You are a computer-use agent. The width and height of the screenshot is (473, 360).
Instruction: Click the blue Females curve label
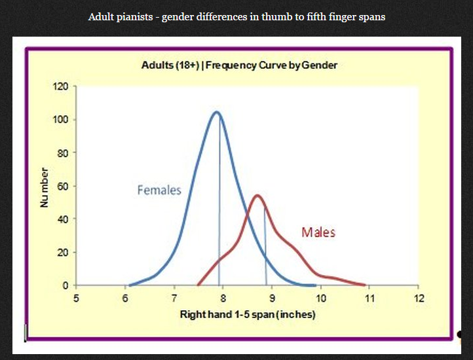click(159, 190)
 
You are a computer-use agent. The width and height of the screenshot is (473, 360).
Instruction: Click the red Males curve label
click(318, 232)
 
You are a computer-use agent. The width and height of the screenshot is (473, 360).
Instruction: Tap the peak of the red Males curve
click(257, 195)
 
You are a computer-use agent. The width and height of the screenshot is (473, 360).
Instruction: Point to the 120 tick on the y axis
click(60, 86)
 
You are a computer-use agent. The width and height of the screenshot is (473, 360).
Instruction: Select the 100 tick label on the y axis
click(60, 120)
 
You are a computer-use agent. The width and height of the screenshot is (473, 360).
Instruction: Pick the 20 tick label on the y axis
click(63, 253)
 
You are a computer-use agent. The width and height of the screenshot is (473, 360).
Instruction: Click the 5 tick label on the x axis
click(76, 298)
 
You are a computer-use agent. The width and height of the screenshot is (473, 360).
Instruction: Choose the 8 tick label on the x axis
click(223, 298)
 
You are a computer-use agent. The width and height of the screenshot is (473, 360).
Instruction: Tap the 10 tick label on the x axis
click(321, 298)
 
